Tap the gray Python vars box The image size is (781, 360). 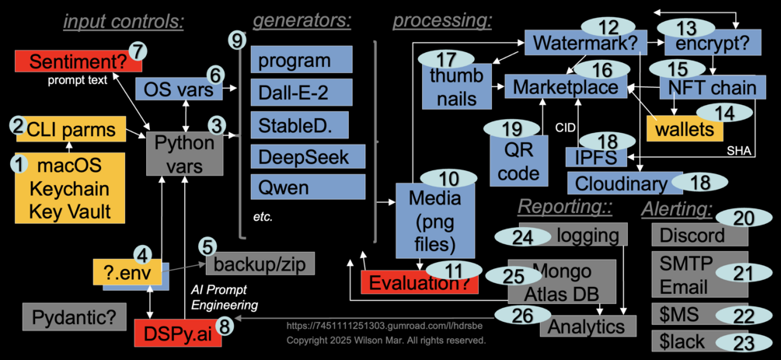click(x=185, y=154)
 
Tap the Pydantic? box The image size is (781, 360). click(x=75, y=317)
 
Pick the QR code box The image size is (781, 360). click(x=519, y=162)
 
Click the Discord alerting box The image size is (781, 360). click(x=692, y=235)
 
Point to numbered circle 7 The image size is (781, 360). click(x=138, y=50)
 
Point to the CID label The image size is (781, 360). click(x=565, y=127)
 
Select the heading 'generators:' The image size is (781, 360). click(x=302, y=19)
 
